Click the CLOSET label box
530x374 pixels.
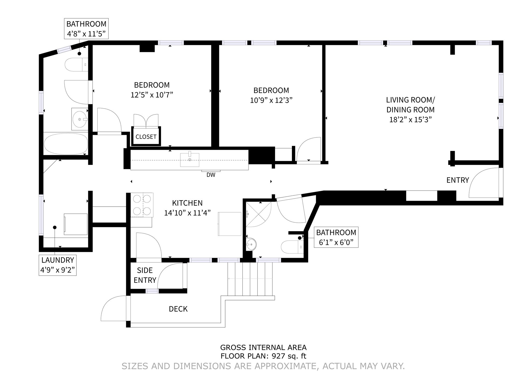[x=146, y=137]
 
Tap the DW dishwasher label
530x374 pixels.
[x=211, y=175]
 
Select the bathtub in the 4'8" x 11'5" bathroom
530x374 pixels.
[x=66, y=144]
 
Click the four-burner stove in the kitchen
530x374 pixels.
[x=142, y=205]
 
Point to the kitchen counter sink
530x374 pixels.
[x=190, y=160]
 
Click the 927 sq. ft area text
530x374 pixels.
[x=289, y=356]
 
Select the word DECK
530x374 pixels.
[x=178, y=309]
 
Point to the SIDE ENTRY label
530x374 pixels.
[x=145, y=275]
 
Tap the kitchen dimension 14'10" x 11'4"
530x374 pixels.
[x=187, y=213]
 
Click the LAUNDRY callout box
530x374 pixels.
[x=57, y=265]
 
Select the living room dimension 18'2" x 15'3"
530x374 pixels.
[x=410, y=120]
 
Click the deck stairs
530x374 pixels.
[x=250, y=279]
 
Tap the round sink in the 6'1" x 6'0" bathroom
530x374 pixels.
[x=251, y=244]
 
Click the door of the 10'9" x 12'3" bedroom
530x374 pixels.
[x=309, y=150]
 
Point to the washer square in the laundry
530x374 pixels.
[x=76, y=224]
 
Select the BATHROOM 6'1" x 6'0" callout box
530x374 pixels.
[x=336, y=237]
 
